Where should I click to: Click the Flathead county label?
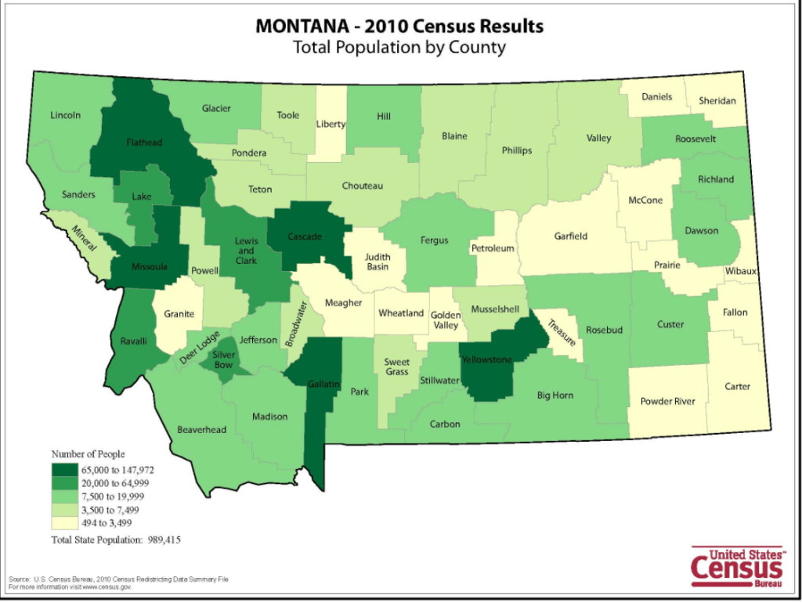[145, 143]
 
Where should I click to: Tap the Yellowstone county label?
[486, 359]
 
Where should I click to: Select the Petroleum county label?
[493, 249]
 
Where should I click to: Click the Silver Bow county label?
[223, 359]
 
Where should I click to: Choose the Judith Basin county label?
[377, 261]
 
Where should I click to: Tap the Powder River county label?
[667, 402]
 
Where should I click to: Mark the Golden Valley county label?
[446, 320]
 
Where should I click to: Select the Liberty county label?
[331, 124]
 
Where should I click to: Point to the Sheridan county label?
[718, 101]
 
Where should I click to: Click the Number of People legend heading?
[88, 453]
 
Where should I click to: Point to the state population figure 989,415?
[162, 540]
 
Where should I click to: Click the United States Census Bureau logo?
[736, 565]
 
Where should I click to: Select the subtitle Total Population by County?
[399, 47]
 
